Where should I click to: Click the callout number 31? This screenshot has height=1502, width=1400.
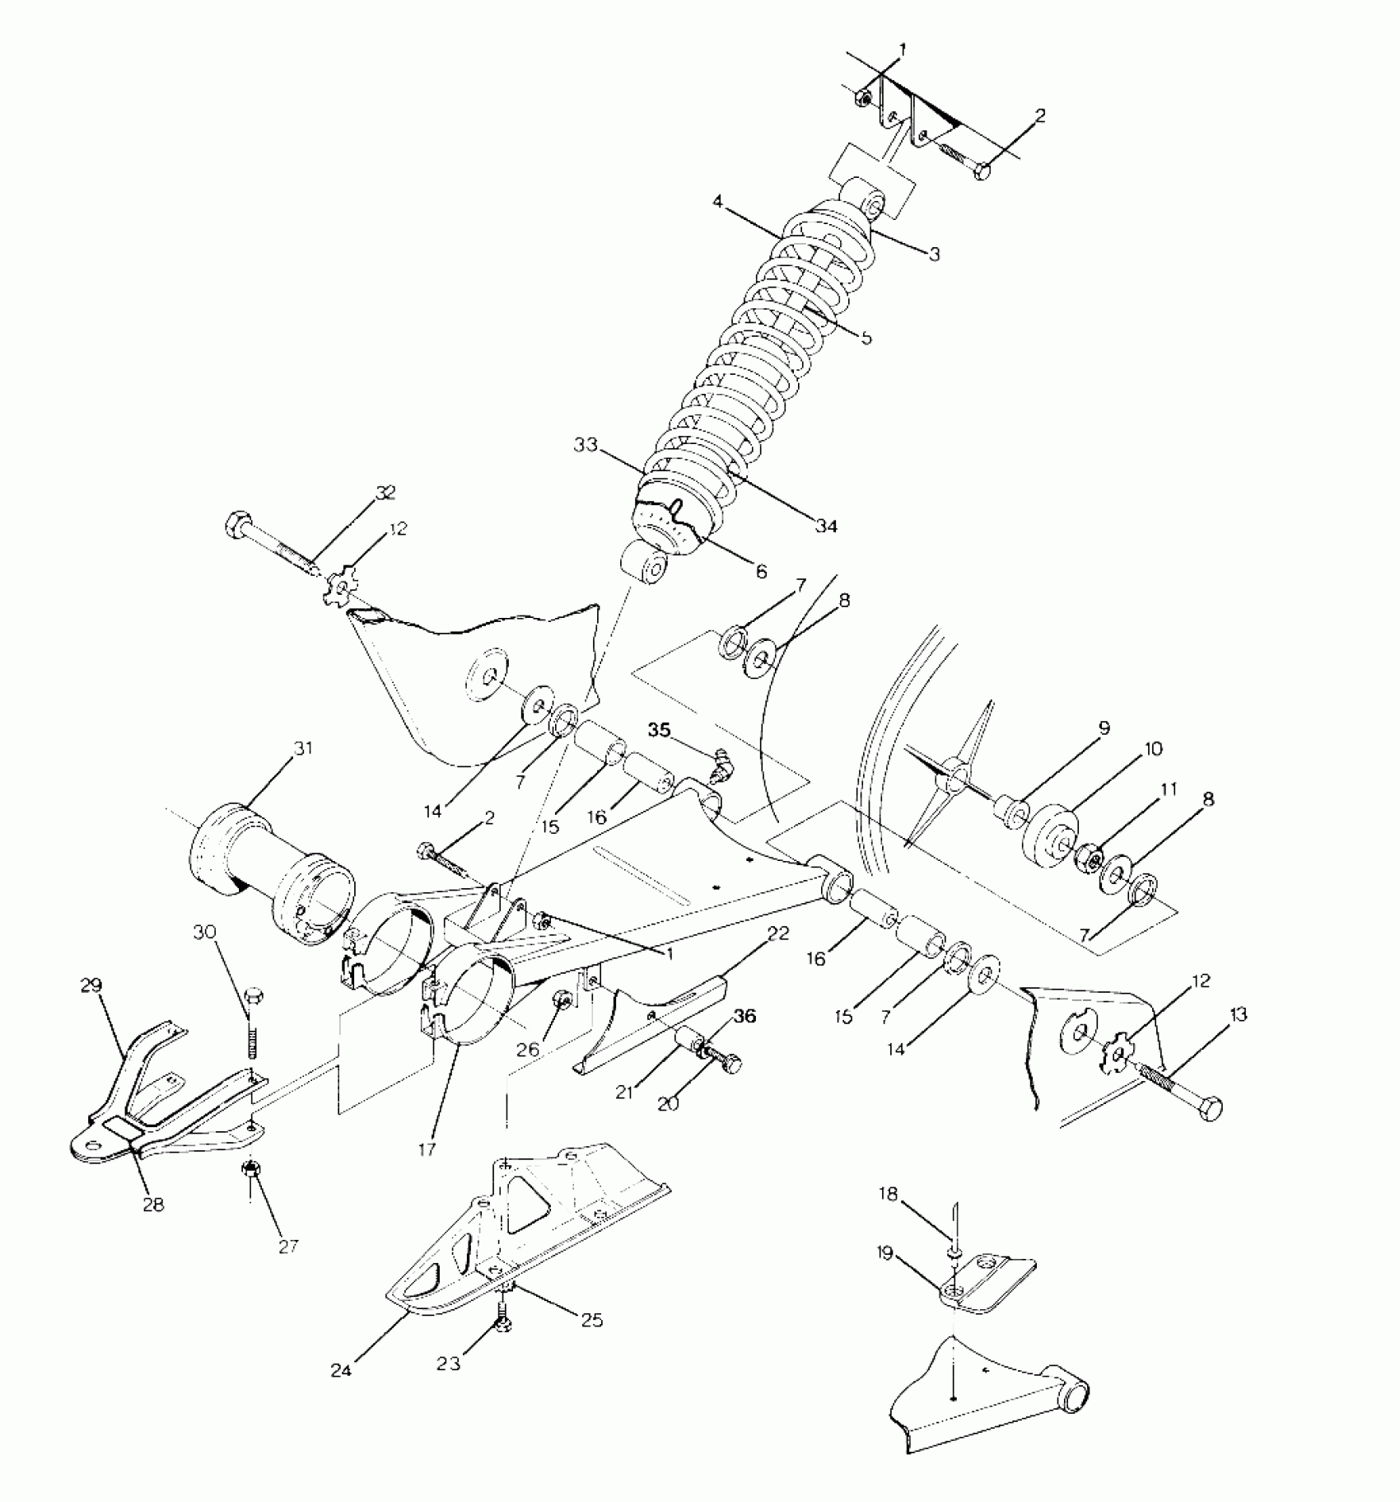(x=281, y=749)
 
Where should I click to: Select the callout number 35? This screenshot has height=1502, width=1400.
(x=659, y=729)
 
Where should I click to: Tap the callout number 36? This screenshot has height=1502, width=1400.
(x=744, y=1016)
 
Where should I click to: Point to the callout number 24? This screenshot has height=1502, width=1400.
(x=341, y=1370)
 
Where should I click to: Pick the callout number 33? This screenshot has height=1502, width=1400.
(x=586, y=445)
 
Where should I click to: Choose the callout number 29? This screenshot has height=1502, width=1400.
(x=91, y=985)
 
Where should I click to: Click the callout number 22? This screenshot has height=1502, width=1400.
(x=778, y=933)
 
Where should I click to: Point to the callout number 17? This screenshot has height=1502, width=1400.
(x=426, y=1148)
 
